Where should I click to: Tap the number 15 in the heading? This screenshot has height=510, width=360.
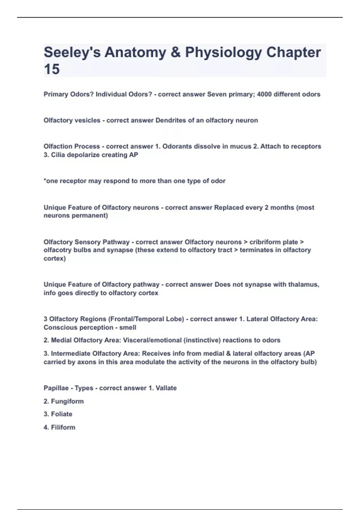click(x=52, y=69)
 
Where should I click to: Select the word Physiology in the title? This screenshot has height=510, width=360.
click(x=223, y=53)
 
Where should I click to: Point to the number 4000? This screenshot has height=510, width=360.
click(x=264, y=94)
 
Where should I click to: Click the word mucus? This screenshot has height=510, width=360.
click(x=241, y=146)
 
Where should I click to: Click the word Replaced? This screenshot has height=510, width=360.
click(x=229, y=208)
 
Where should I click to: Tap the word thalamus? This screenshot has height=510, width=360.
click(x=303, y=284)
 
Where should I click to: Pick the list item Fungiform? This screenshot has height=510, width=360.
click(x=67, y=401)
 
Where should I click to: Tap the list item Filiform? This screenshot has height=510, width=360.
click(x=63, y=427)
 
